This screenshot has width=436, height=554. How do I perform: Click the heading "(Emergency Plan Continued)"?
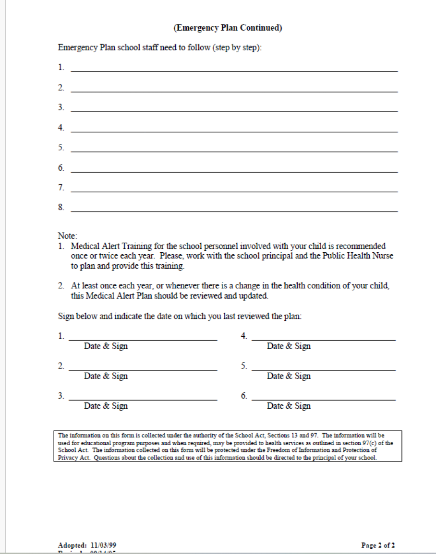tap(228, 28)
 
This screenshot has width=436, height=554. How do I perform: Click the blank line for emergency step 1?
tap(234, 71)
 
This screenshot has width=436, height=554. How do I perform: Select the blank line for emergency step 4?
tap(234, 131)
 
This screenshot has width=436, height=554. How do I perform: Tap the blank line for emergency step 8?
tap(234, 211)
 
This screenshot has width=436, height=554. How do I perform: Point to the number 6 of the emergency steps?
tap(61, 168)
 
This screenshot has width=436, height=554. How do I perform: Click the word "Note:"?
tap(67, 236)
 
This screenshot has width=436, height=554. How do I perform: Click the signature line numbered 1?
tap(143, 339)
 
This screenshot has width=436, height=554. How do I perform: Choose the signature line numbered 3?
tap(143, 399)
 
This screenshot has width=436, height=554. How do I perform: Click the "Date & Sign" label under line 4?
tap(289, 346)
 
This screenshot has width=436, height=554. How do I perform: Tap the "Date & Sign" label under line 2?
tap(106, 376)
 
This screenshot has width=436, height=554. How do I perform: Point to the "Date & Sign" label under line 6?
tap(289, 406)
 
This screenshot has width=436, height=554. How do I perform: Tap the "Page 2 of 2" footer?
tap(378, 545)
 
